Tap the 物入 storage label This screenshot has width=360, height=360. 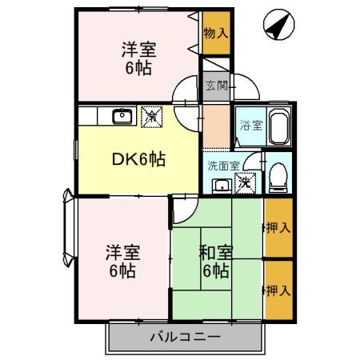point(214,34)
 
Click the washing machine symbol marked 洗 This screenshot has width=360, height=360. point(247,183)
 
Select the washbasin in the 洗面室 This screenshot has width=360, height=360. point(221,186)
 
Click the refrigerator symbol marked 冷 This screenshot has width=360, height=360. point(150,117)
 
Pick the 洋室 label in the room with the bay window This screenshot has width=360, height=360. point(122,253)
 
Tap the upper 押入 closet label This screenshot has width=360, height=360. point(278,227)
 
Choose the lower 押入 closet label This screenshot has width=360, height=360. point(278,289)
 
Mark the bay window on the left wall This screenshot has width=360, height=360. point(66,230)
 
